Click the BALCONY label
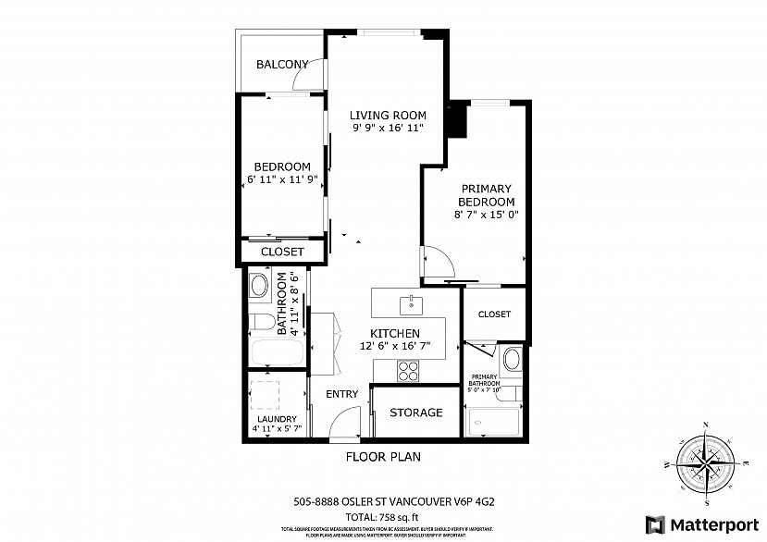[282, 64]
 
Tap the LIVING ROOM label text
[388, 116]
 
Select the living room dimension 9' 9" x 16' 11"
[388, 129]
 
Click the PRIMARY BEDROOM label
[486, 195]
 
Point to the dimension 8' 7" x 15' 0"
[486, 215]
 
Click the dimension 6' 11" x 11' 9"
[282, 179]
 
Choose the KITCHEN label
[395, 334]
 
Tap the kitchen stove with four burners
[408, 370]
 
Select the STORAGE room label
[415, 413]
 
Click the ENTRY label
[341, 395]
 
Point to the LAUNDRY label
[277, 418]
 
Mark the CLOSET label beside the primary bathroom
[494, 314]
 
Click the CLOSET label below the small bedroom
[282, 252]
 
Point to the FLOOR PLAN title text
[385, 457]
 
